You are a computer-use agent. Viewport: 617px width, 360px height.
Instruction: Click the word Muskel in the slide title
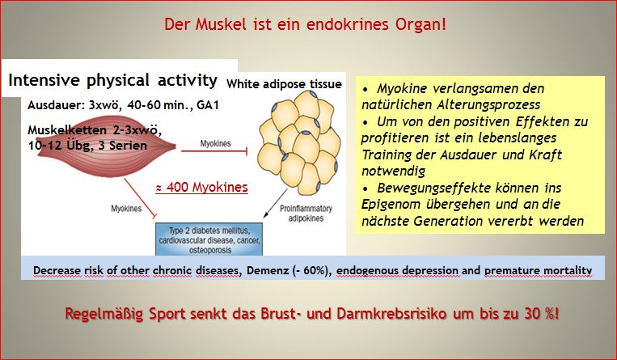pyautogui.click(x=221, y=24)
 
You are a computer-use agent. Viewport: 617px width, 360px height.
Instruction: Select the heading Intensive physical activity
pyautogui.click(x=113, y=80)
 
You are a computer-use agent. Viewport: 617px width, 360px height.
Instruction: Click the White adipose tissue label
pyautogui.click(x=284, y=84)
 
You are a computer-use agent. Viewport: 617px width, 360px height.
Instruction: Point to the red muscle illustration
pyautogui.click(x=106, y=146)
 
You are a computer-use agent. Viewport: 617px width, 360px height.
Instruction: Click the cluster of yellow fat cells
pyautogui.click(x=298, y=142)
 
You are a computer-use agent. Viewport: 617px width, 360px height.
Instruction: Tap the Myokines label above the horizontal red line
pyautogui.click(x=216, y=143)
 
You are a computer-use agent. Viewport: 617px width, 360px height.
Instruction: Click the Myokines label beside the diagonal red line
pyautogui.click(x=126, y=209)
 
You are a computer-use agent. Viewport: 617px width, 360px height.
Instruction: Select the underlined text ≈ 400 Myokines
pyautogui.click(x=202, y=187)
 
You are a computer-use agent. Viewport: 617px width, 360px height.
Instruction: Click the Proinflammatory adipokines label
pyautogui.click(x=306, y=213)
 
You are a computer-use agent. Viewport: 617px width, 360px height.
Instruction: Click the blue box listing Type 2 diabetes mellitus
pyautogui.click(x=209, y=239)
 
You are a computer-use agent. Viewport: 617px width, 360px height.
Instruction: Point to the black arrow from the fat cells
pyautogui.click(x=276, y=203)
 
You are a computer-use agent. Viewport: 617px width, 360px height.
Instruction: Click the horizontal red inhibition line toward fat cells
pyautogui.click(x=214, y=150)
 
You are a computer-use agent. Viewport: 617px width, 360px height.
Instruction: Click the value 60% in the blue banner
pyautogui.click(x=314, y=270)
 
